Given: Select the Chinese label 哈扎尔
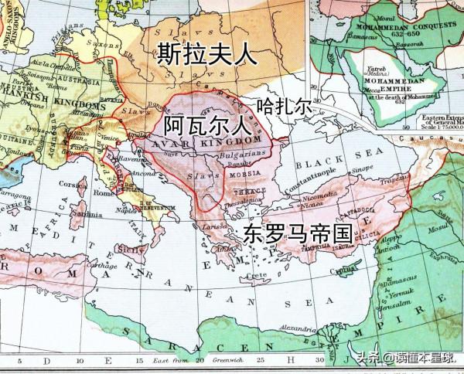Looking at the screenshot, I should (284, 107).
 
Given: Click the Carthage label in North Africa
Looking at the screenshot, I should (99, 263).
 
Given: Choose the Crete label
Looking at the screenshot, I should (270, 275).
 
